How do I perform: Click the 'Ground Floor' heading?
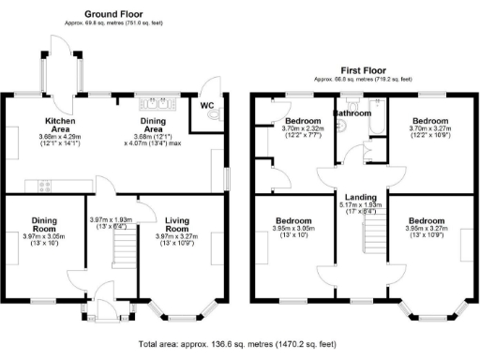point(114,14)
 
